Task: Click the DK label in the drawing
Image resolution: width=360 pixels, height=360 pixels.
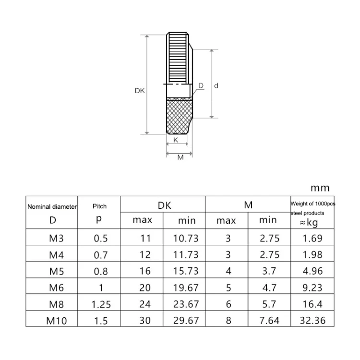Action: click(x=140, y=91)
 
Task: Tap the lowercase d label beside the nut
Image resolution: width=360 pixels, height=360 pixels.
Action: click(x=216, y=85)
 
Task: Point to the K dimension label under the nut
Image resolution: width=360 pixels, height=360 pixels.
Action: click(x=176, y=140)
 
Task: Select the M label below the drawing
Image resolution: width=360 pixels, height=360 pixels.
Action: click(x=180, y=157)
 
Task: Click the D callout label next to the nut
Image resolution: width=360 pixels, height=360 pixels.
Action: click(x=201, y=85)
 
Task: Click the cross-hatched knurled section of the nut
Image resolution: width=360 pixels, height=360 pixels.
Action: click(x=179, y=116)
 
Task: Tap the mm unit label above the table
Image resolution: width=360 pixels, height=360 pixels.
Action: click(x=320, y=188)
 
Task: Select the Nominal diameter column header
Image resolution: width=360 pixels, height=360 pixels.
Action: click(x=52, y=206)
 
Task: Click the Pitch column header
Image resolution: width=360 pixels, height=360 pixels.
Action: click(x=100, y=206)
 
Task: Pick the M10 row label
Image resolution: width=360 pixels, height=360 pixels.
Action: click(x=57, y=321)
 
